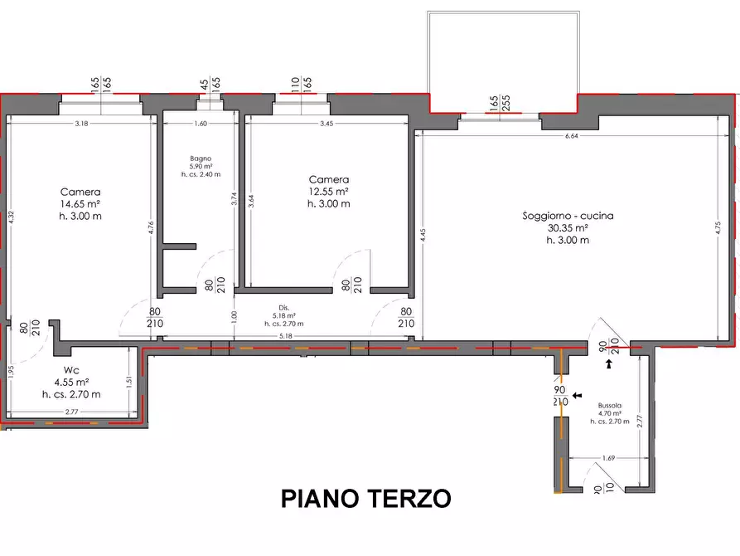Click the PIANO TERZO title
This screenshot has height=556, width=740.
tap(365, 499)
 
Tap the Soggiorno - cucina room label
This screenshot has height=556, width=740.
tap(568, 216)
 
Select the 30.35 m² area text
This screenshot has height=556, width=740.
tap(568, 228)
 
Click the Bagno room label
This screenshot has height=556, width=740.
tap(200, 158)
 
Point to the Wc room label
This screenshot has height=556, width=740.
tap(70, 370)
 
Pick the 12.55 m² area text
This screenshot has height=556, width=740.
tap(329, 192)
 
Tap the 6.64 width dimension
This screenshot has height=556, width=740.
tap(572, 136)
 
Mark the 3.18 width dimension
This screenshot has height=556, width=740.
tap(81, 124)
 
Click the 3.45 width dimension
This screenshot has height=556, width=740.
tap(326, 124)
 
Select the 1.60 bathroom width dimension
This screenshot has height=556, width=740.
tap(200, 124)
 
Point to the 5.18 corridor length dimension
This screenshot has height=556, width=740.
tap(286, 336)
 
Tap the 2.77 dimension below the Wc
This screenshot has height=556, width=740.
tap(70, 412)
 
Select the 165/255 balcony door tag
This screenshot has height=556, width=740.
tap(499, 103)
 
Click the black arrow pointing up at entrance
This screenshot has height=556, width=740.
tap(609, 363)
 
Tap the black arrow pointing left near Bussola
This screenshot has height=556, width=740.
tap(577, 396)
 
